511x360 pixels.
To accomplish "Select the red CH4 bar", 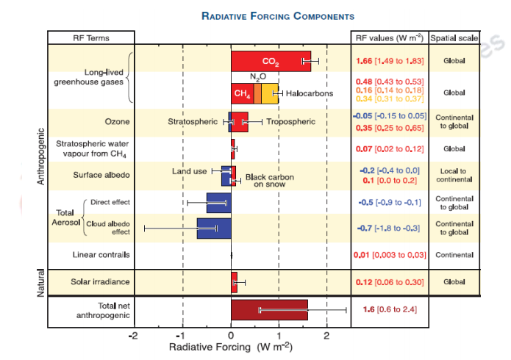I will (242, 93).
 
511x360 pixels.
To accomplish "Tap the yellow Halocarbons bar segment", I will (269, 93).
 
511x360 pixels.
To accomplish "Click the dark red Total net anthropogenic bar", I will (269, 310).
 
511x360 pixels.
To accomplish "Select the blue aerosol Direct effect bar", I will (218, 202).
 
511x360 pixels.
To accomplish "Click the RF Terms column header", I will (90, 37).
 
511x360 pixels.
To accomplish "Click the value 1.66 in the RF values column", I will (364, 61).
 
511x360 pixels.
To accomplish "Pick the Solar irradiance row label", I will (100, 281).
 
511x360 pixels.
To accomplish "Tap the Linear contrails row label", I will (101, 255).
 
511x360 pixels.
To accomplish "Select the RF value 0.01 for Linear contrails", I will (362, 255).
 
